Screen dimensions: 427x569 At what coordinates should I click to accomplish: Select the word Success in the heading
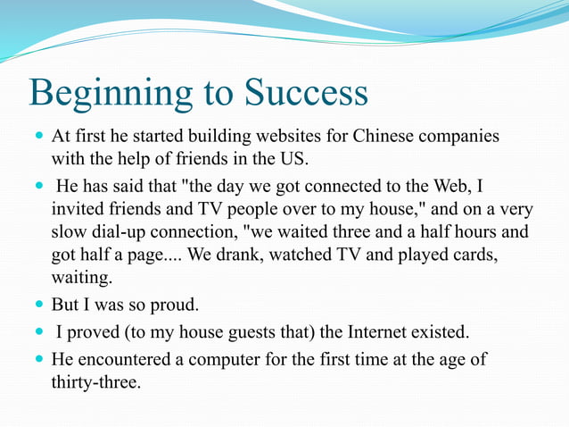pyautogui.click(x=306, y=93)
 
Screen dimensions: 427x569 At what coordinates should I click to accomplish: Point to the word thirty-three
pyautogui.click(x=96, y=382)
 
